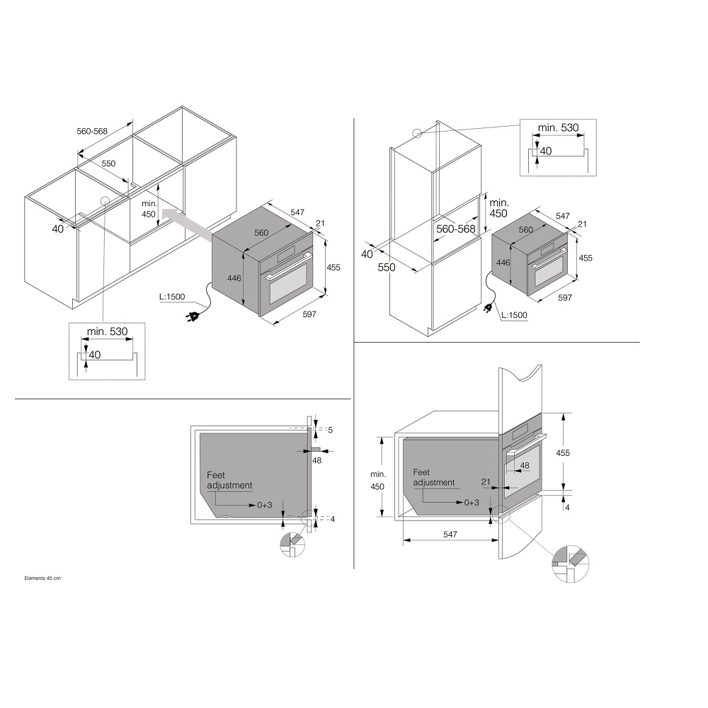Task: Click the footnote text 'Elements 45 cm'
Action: point(42,578)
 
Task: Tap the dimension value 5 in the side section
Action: point(330,430)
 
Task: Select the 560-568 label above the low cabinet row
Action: point(92,131)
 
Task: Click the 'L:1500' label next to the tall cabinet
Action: point(514,315)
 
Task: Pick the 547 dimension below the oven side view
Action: point(450,534)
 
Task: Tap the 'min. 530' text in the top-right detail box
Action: point(558,127)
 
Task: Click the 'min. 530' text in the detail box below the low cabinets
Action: point(108,331)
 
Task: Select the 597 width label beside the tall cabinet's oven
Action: point(565,297)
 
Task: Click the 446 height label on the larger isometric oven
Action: point(234,278)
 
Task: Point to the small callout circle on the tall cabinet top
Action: point(417,134)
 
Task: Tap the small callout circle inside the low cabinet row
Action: point(105,201)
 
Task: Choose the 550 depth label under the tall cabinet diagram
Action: point(387,268)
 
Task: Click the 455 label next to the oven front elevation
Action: point(563,452)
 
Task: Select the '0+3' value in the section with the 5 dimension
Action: point(265,505)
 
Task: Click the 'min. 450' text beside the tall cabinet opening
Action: point(499,208)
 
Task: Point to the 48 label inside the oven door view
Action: point(524,466)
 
